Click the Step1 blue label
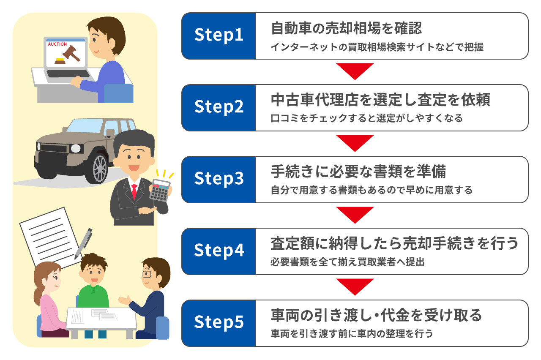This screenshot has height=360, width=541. click(219, 36)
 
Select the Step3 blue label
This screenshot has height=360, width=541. click(219, 180)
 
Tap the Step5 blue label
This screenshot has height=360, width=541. click(219, 323)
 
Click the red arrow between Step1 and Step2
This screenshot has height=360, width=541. click(355, 71)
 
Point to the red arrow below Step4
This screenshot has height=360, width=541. click(355, 286)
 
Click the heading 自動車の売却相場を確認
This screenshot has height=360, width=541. click(346, 29)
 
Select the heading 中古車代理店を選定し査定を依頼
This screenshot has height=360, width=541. click(380, 101)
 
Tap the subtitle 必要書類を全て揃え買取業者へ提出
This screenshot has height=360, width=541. click(347, 262)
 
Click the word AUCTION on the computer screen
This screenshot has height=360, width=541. click(57, 44)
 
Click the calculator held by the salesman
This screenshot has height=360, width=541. click(160, 190)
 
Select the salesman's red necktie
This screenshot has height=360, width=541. click(134, 192)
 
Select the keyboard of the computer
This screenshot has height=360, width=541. click(68, 74)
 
